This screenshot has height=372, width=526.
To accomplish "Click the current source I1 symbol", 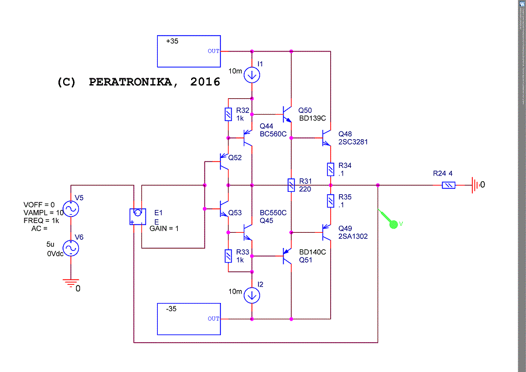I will pyautogui.click(x=252, y=74).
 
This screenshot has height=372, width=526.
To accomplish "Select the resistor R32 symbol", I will pyautogui.click(x=229, y=113).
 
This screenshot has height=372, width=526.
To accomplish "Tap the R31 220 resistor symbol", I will pyautogui.click(x=290, y=185).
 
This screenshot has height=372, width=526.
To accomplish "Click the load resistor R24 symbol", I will pyautogui.click(x=448, y=185).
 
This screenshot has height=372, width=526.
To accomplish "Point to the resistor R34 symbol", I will pyautogui.click(x=331, y=170).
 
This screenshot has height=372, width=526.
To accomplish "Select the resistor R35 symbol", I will pyautogui.click(x=331, y=201).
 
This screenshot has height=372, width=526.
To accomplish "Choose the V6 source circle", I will pyautogui.click(x=71, y=248).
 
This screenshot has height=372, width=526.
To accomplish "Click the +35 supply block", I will pyautogui.click(x=189, y=51).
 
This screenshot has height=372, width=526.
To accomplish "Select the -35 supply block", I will pyautogui.click(x=189, y=319).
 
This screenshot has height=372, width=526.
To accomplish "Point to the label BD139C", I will pyautogui.click(x=312, y=119).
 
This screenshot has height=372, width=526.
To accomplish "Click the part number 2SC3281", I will pyautogui.click(x=353, y=142).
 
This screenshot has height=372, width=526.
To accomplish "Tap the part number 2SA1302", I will pyautogui.click(x=353, y=236).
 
